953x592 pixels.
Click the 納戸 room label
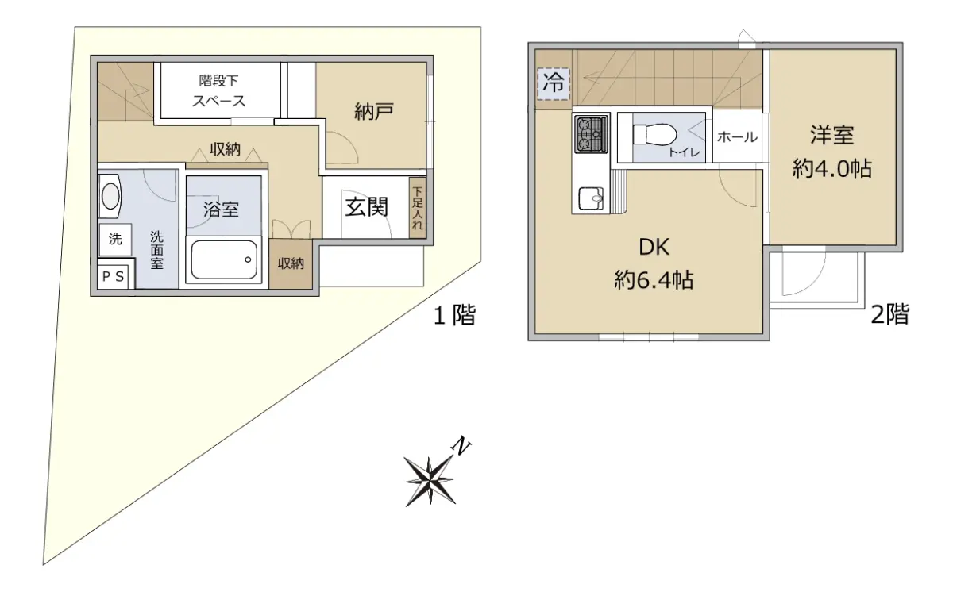[x=373, y=112]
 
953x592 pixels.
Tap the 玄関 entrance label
[x=366, y=207]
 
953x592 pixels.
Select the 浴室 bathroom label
[x=221, y=209]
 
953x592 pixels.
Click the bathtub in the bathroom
[x=224, y=259]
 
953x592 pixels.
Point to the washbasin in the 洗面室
[x=110, y=196]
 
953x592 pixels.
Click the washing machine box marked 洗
[x=115, y=240]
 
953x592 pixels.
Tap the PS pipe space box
[x=114, y=277]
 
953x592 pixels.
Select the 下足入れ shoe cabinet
[x=418, y=208]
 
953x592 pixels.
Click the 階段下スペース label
[x=218, y=90]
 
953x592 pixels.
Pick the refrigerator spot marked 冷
[x=553, y=84]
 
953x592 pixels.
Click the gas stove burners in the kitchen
[x=591, y=134]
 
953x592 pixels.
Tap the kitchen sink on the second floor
[x=591, y=199]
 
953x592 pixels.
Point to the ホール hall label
[x=737, y=137]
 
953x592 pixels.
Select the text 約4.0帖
[x=831, y=169]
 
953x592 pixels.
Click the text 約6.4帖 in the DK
[x=654, y=280]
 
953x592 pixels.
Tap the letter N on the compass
[x=461, y=447]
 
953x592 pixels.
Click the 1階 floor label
[x=454, y=315]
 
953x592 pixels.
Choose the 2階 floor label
[x=889, y=314]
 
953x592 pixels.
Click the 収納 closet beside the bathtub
[x=291, y=264]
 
